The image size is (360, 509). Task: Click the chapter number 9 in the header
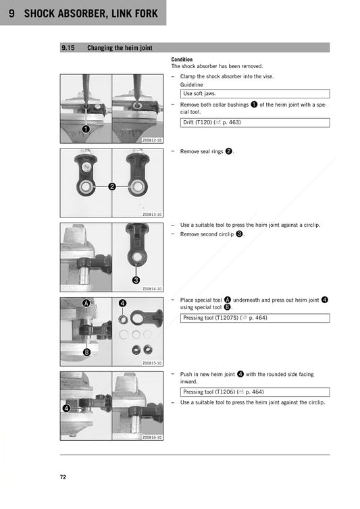[x=12, y=13]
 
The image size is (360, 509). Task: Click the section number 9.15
[x=68, y=48]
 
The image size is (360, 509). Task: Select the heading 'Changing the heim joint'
[x=122, y=48]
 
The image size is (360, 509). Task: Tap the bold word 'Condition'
[x=182, y=60]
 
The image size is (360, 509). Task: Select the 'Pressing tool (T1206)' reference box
[x=255, y=392]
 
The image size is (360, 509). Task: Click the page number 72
[x=63, y=477]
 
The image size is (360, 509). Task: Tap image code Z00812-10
[x=152, y=140]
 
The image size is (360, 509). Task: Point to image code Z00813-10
[x=152, y=215]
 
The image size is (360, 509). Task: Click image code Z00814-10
[x=152, y=288]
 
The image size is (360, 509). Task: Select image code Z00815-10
[x=152, y=363]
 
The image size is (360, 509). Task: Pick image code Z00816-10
[x=152, y=437]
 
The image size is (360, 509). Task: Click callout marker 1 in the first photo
[x=86, y=129]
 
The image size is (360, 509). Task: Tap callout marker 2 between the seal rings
[x=112, y=186]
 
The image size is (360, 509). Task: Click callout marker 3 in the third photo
[x=136, y=279]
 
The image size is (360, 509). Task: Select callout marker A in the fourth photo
[x=86, y=303]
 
